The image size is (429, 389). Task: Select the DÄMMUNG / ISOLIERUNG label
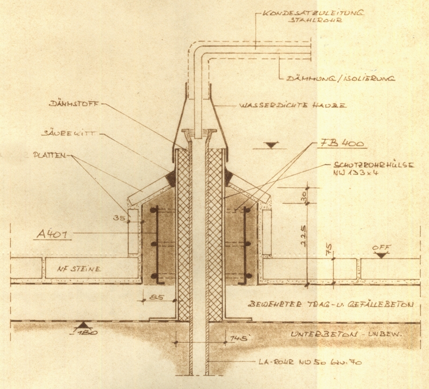[340, 79]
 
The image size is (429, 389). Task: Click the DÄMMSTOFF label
[73, 104]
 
